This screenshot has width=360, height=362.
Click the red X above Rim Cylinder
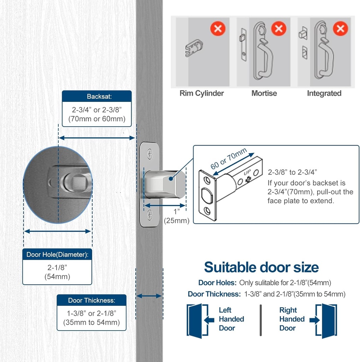coord(218,28)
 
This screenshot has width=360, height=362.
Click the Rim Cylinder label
coord(202,93)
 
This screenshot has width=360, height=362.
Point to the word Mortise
coord(264,93)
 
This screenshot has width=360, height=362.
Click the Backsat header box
coord(96,97)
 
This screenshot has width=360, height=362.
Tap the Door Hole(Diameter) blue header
coord(57,254)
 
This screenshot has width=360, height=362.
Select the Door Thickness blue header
coord(92,300)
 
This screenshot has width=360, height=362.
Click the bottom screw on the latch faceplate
coord(150,214)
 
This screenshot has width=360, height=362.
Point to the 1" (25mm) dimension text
coord(177,216)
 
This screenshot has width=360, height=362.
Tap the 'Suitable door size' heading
coord(261,267)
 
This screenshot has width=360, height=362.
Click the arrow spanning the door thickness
coord(149,296)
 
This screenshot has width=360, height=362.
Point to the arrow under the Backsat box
coord(96,138)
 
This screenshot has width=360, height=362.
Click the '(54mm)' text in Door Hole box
coord(57,276)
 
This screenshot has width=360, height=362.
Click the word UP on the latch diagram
coord(247,174)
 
